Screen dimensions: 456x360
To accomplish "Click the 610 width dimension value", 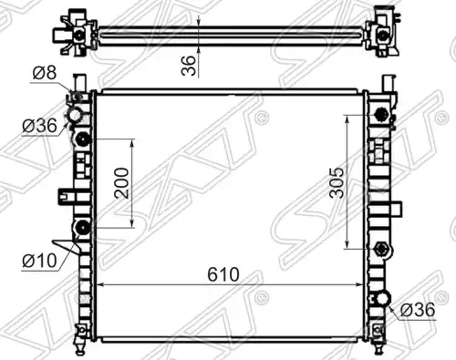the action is (223, 274).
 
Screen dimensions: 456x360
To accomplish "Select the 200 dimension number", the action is (121, 183).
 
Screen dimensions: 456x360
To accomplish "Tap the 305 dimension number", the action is (337, 182).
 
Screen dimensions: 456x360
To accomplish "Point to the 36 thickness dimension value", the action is (188, 66).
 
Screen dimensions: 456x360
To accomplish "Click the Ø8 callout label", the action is (45, 73).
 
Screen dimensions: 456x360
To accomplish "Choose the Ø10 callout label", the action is (39, 261).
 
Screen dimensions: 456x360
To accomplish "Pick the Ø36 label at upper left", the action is (39, 126).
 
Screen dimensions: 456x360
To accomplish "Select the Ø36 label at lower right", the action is (418, 310).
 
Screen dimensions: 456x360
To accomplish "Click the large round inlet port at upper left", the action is (76, 116).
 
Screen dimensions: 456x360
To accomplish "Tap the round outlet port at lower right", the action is (383, 298).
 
